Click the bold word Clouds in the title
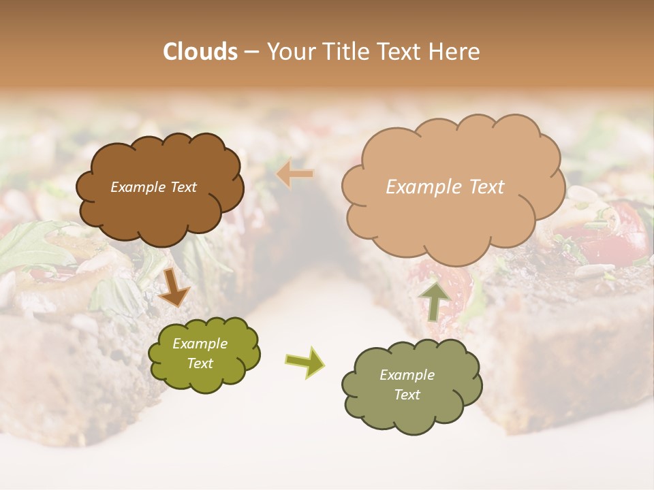click(x=200, y=52)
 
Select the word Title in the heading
click(x=347, y=52)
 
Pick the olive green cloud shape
click(x=204, y=378)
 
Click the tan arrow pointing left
click(x=295, y=174)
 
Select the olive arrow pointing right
click(x=305, y=362)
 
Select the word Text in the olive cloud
click(x=200, y=363)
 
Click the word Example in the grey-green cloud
click(x=407, y=375)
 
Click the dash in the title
click(x=251, y=52)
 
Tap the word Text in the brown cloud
click(x=183, y=187)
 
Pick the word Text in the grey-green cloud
click(x=407, y=395)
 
